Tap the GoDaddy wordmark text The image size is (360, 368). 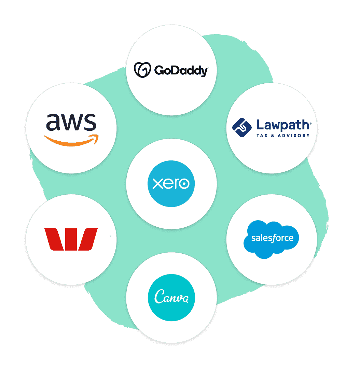tap(180, 71)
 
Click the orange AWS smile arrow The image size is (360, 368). tap(71, 140)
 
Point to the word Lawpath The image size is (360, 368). tap(283, 125)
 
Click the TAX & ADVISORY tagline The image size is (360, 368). tap(283, 136)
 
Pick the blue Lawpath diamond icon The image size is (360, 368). tap(242, 128)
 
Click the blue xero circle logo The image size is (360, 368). tap(171, 184)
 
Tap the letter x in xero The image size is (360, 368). tap(157, 184)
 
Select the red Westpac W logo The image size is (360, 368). tap(71, 239)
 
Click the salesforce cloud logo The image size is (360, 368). tap(271, 239)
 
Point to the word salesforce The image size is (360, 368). tap(272, 238)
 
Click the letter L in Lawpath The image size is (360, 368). tap(260, 125)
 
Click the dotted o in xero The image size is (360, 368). tap(184, 184)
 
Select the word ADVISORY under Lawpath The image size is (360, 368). tap(293, 136)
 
